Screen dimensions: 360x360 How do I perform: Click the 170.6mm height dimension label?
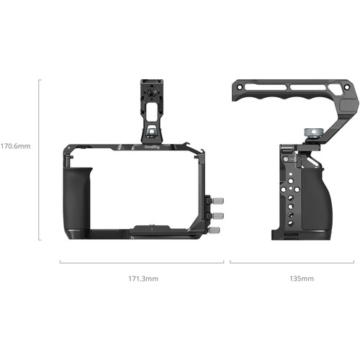17,145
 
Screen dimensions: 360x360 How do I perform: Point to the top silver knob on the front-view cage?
219,199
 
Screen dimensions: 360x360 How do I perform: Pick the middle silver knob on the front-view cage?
219,215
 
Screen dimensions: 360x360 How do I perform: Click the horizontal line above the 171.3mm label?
142,262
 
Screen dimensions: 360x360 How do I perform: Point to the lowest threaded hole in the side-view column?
289,223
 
